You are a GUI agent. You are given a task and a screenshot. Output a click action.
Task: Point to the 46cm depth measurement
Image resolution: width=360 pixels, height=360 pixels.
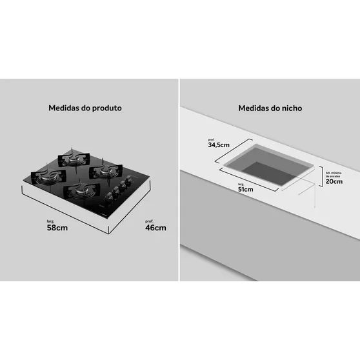[155, 227]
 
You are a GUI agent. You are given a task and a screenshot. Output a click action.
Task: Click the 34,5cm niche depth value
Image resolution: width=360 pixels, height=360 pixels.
[218, 145]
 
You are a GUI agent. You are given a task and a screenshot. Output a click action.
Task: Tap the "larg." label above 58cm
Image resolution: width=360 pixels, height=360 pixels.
[51, 220]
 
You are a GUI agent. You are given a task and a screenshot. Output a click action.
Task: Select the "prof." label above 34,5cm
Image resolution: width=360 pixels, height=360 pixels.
[211, 139]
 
